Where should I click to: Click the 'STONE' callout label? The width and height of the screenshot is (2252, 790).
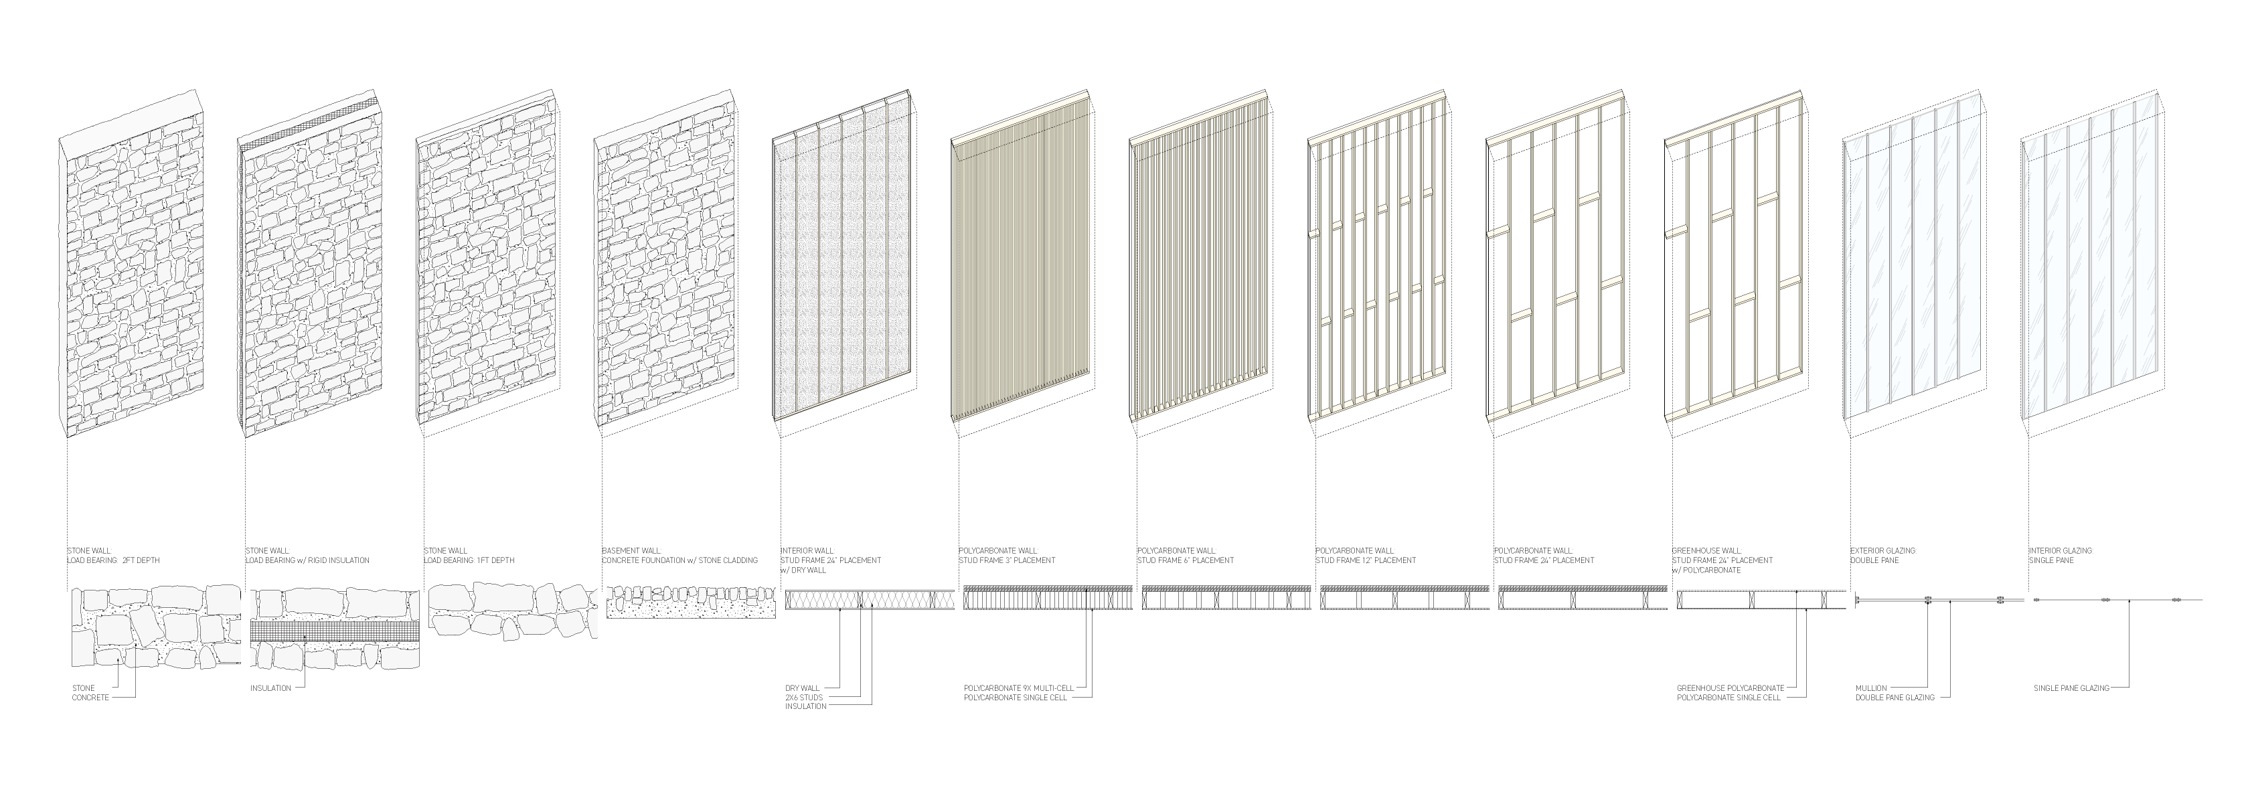click(83, 688)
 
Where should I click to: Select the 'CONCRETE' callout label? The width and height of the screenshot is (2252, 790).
click(90, 698)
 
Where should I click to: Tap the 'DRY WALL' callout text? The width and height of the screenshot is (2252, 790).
click(800, 688)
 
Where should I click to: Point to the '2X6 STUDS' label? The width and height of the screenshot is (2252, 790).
click(804, 698)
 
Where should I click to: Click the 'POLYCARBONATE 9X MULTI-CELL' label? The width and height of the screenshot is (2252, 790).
click(1018, 688)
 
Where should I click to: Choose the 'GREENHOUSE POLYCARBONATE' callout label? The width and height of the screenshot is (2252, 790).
click(1729, 688)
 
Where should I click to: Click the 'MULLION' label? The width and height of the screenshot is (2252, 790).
click(1871, 688)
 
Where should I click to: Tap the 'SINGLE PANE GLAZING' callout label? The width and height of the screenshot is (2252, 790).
click(2071, 688)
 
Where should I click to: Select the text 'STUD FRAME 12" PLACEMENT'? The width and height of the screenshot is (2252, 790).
click(1366, 560)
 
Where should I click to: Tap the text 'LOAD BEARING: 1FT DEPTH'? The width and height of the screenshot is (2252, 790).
click(469, 560)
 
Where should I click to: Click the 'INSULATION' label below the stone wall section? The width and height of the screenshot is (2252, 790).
click(270, 688)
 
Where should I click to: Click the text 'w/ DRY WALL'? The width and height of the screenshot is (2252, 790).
click(803, 570)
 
